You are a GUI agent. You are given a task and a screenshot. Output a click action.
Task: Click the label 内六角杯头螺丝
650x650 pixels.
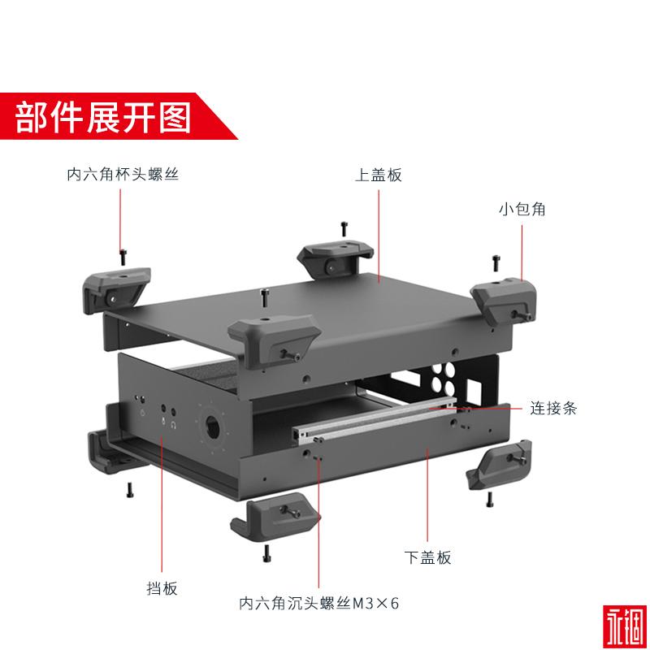coord(123,175)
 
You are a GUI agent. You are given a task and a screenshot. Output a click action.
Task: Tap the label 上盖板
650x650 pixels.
coord(378,175)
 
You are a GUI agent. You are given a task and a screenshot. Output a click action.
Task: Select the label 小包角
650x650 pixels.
coord(522,209)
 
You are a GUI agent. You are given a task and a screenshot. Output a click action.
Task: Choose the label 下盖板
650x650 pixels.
coord(427,557)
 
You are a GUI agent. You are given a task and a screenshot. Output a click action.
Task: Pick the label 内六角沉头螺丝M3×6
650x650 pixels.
coord(319,604)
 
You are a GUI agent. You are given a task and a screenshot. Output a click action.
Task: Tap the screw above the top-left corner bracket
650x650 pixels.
coord(123,256)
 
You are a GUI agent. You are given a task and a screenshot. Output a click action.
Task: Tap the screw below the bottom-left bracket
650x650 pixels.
coord(129,489)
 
